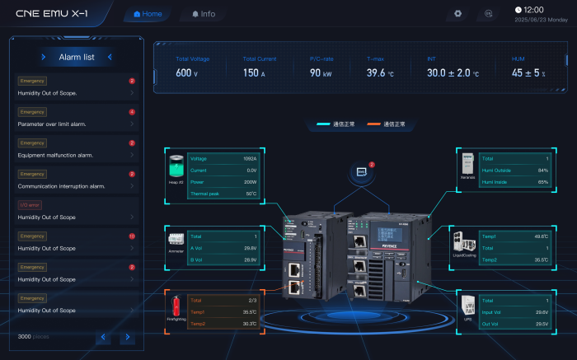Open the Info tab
coord(203,14)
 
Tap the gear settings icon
coord(458,14)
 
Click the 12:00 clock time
coord(534,10)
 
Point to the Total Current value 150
coord(250,73)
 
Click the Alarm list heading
coord(77,57)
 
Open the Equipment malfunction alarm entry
coord(55,155)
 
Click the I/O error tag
coord(29,205)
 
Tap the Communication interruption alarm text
coord(61,186)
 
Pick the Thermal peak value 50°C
coord(251,194)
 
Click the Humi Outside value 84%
coord(543,170)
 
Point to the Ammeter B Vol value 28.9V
coord(251,259)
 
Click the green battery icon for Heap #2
coord(176,164)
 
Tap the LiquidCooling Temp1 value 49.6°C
coord(542,236)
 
